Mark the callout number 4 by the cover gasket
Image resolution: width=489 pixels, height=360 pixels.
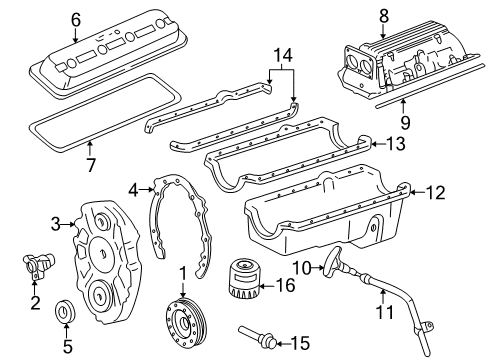[134, 187]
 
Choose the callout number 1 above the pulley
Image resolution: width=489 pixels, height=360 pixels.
[183, 272]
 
